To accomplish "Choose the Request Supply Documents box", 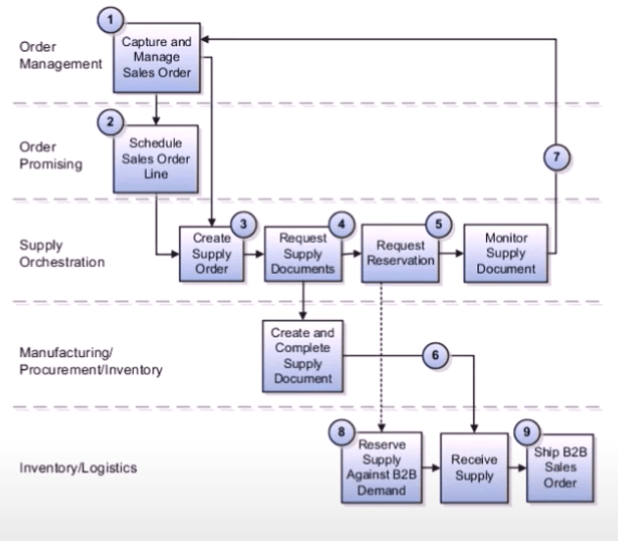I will tap(302, 252).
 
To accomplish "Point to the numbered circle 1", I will tap(115, 20).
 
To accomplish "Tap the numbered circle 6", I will tap(436, 357).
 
